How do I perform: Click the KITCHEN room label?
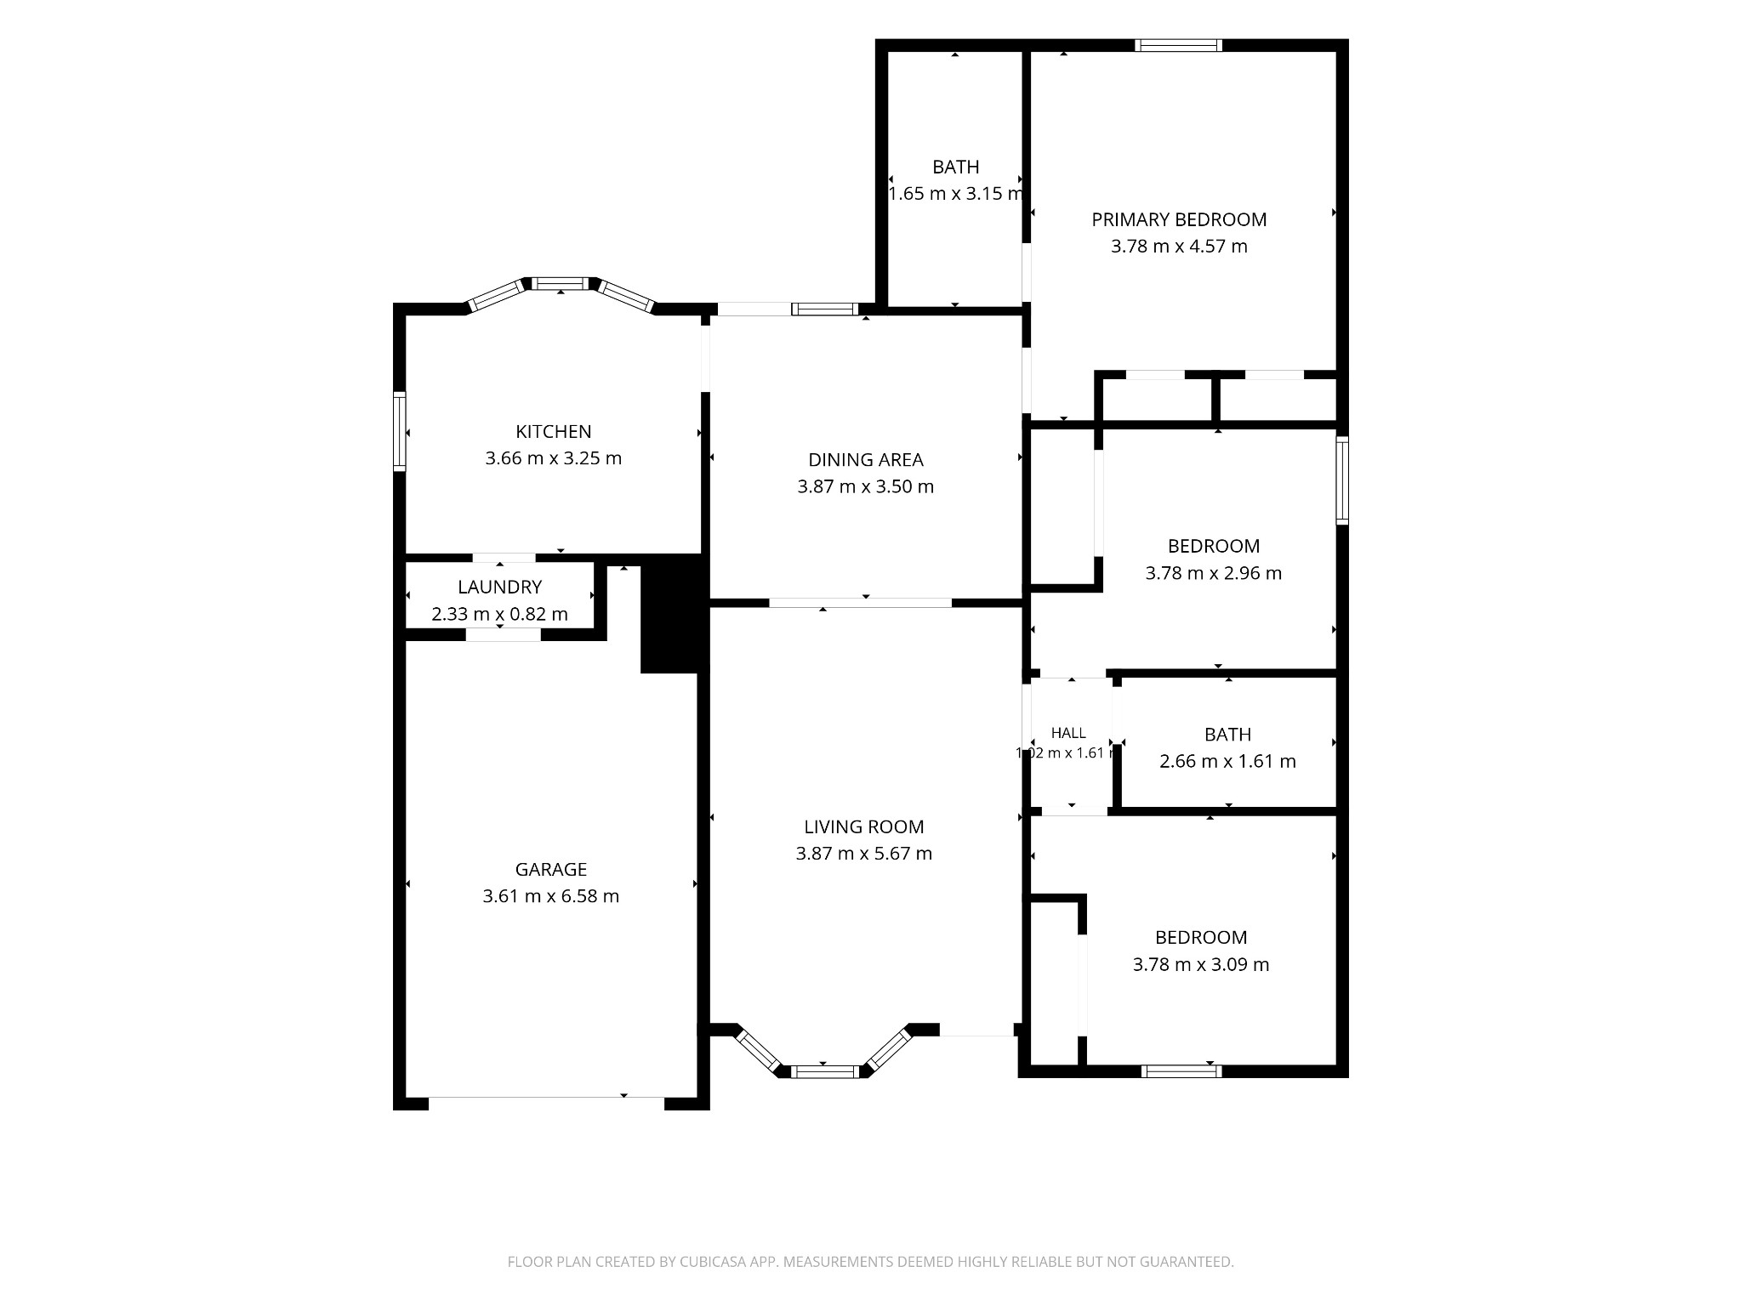(x=553, y=431)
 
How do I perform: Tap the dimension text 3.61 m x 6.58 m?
(x=551, y=896)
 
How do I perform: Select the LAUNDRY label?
(x=499, y=587)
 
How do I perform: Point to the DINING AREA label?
(x=865, y=460)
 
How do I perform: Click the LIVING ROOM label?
(x=864, y=826)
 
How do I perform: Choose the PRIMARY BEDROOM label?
(x=1179, y=219)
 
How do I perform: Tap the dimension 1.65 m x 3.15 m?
(x=956, y=194)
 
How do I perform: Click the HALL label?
(x=1068, y=733)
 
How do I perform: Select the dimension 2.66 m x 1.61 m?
(x=1227, y=761)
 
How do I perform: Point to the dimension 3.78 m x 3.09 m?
(x=1201, y=965)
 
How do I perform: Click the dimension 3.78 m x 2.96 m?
(x=1214, y=573)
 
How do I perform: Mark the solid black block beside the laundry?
(x=675, y=613)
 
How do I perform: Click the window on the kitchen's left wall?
(x=399, y=431)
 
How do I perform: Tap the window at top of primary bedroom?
(x=1179, y=45)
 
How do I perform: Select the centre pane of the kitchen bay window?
(x=561, y=283)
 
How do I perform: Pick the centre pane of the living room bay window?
(x=825, y=1071)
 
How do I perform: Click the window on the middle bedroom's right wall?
(x=1342, y=480)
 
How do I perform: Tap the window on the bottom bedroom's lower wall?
(x=1181, y=1071)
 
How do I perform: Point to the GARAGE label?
(x=551, y=869)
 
